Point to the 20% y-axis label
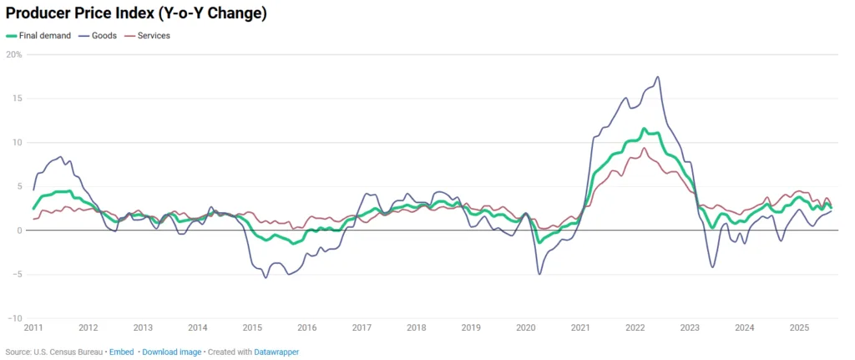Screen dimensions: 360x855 pos(13,54)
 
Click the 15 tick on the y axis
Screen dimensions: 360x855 pos(16,98)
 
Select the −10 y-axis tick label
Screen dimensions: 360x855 pos(13,318)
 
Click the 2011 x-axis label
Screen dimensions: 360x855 pos(33,327)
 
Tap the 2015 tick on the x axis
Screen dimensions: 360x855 pos(252,327)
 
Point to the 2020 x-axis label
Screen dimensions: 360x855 pos(525,327)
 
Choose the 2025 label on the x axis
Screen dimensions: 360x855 pos(799,327)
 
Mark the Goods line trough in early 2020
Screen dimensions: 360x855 pos(539,274)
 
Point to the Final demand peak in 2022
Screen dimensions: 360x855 pos(644,129)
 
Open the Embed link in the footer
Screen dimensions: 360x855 pos(120,352)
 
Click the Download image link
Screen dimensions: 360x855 pos(171,352)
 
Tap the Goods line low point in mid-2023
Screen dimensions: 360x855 pos(712,267)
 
